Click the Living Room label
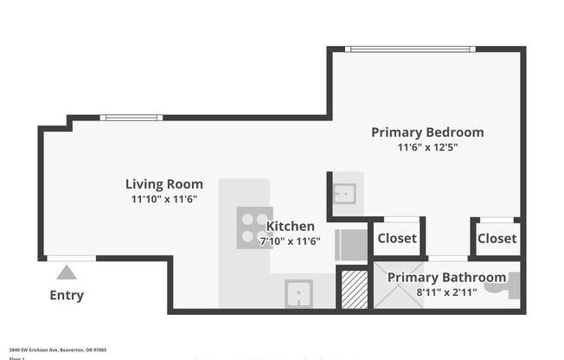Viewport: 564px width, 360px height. [164, 183]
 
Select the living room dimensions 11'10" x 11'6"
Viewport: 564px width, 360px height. [164, 199]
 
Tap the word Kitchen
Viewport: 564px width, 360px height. [290, 227]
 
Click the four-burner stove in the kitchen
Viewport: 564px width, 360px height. [253, 227]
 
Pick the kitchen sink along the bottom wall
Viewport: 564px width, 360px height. [298, 293]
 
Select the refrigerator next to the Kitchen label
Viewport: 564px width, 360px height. [349, 244]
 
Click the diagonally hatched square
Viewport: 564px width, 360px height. [353, 290]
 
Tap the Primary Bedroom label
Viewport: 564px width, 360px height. [427, 132]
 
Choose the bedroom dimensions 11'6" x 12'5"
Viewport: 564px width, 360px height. [427, 147]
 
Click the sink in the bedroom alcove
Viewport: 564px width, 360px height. [344, 194]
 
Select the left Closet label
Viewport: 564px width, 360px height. [397, 238]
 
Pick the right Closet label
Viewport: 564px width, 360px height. [497, 238]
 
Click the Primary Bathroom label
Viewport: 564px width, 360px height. [446, 277]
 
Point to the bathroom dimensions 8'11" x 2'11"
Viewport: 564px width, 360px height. [446, 292]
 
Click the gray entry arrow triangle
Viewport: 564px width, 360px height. [67, 273]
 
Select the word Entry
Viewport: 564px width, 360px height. [67, 295]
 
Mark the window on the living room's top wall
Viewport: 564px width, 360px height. [131, 118]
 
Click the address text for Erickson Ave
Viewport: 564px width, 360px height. [58, 350]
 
